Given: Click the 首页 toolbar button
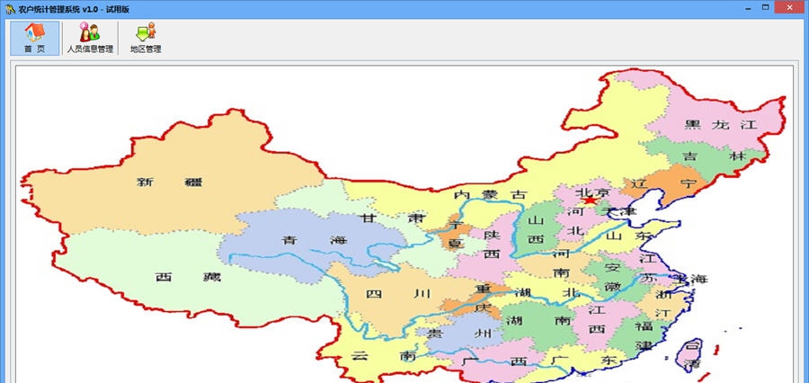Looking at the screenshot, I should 35,38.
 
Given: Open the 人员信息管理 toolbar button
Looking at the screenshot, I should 90,38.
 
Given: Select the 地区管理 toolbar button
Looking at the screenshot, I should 146,38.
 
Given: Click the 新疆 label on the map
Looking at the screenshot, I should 170,182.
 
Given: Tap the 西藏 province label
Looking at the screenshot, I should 175,277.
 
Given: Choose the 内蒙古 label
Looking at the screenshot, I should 491,194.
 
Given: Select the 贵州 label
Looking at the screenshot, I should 459,334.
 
